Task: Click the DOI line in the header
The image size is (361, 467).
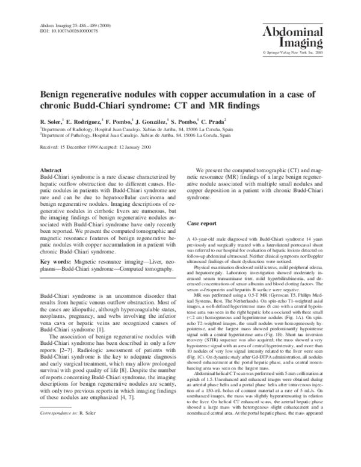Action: click(x=64, y=31)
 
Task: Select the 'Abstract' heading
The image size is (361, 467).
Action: click(x=51, y=170)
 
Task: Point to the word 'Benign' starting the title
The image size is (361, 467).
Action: click(x=56, y=94)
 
